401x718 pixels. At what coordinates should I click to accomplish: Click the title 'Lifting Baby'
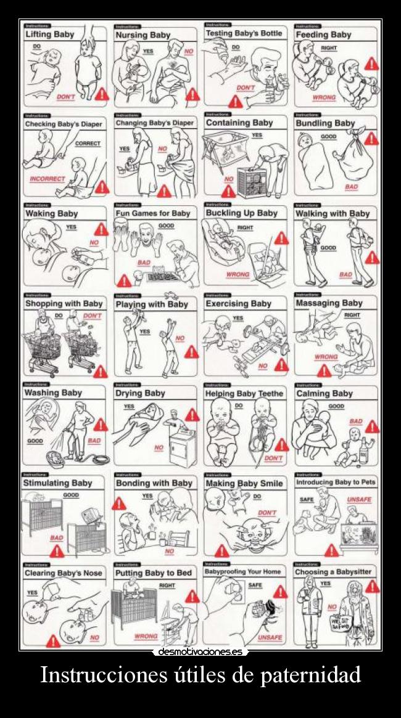[x=49, y=35]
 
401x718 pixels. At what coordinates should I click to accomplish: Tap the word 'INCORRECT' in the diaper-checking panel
[x=48, y=179]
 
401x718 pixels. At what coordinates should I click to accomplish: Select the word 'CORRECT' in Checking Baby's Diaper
[x=88, y=144]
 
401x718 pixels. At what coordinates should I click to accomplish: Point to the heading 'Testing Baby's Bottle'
[x=244, y=33]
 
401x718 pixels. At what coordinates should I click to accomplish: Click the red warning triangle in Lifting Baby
[x=102, y=94]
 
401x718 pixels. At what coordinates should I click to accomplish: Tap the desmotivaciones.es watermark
[x=200, y=651]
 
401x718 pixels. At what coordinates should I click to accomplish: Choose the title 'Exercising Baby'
[x=238, y=304]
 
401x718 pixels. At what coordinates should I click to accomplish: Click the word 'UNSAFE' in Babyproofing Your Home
[x=270, y=637]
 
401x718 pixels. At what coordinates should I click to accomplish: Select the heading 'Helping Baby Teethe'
[x=244, y=393]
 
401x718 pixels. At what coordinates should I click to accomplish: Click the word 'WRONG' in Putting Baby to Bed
[x=146, y=635]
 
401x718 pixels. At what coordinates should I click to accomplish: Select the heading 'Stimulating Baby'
[x=57, y=483]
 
